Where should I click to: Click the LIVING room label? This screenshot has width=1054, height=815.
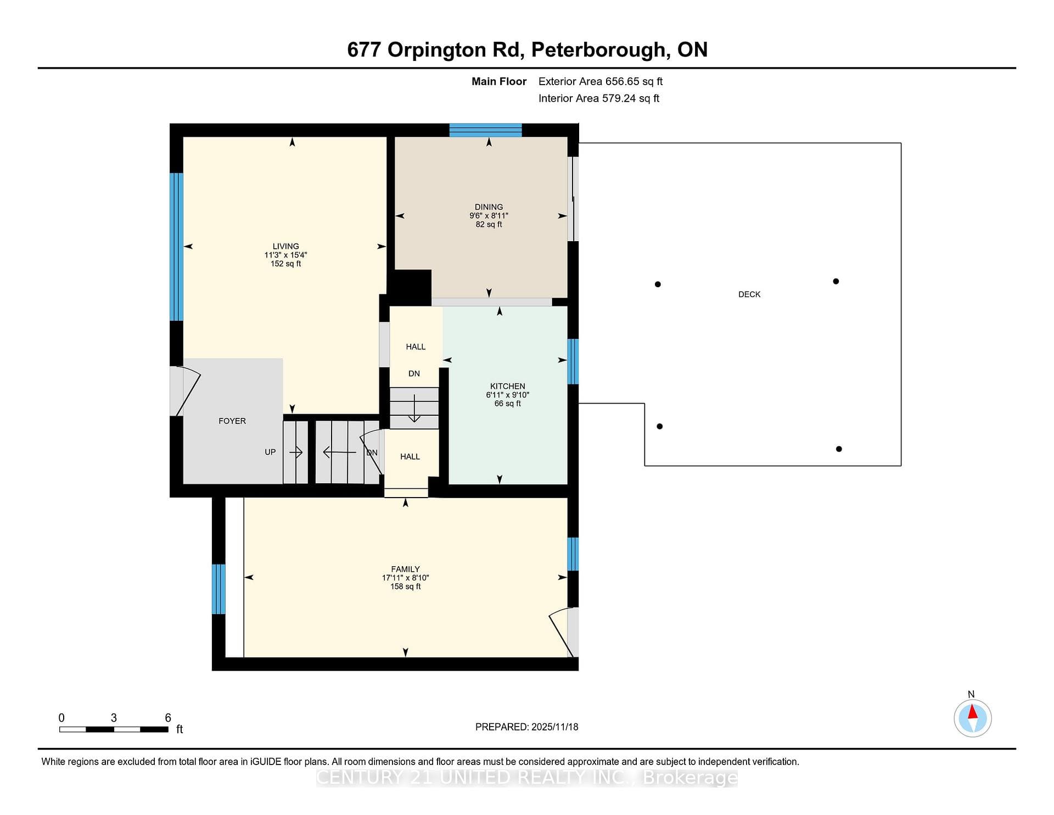(x=286, y=247)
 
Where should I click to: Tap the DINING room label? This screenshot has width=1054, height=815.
(x=489, y=207)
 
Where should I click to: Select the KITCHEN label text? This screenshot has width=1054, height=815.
(x=508, y=386)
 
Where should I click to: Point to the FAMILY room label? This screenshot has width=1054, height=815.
(x=406, y=569)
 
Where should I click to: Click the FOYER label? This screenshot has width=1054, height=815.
(x=232, y=421)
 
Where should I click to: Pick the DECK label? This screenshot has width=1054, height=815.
(x=749, y=294)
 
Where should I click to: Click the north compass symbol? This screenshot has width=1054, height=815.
(x=972, y=718)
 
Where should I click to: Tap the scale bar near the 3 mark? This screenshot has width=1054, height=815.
(x=114, y=729)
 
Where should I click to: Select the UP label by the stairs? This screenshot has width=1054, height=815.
(x=270, y=452)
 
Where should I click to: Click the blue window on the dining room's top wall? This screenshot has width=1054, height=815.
(x=485, y=130)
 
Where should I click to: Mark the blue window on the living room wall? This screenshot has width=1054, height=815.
(x=176, y=247)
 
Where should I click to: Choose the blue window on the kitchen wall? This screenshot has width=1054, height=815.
(x=573, y=361)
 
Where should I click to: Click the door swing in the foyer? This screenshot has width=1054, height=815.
(x=188, y=391)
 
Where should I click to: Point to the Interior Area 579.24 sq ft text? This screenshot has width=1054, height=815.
(x=598, y=98)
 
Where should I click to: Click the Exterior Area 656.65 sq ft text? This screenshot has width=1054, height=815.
(x=601, y=81)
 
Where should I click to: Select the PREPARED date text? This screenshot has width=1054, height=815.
(x=526, y=727)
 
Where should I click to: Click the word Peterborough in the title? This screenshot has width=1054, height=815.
(x=598, y=50)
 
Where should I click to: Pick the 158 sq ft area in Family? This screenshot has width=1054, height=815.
(x=406, y=587)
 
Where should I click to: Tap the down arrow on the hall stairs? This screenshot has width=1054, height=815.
(x=414, y=408)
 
